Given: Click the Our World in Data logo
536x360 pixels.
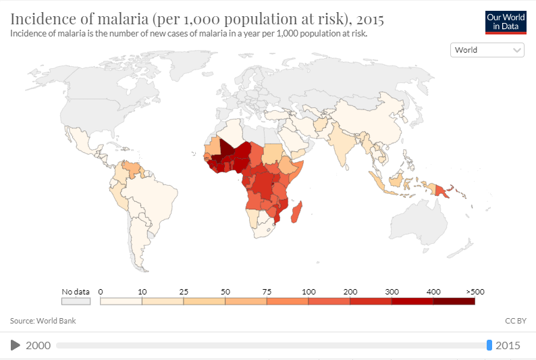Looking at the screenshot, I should [505, 22].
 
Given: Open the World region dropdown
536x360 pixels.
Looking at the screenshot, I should [487, 50].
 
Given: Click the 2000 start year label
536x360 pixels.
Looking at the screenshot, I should [38, 346].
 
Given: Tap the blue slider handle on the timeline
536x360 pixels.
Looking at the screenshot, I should [489, 346].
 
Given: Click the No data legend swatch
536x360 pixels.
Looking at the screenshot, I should [76, 301].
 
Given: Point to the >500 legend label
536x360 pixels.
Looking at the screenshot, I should [475, 291].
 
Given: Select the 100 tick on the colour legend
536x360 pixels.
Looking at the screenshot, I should [309, 291].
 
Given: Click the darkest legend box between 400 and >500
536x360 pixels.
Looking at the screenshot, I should [454, 301].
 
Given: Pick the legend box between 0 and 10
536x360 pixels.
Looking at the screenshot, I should [121, 301].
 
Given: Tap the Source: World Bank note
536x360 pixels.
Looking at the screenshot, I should [43, 321].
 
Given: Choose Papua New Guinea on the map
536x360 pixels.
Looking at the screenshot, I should [442, 192].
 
